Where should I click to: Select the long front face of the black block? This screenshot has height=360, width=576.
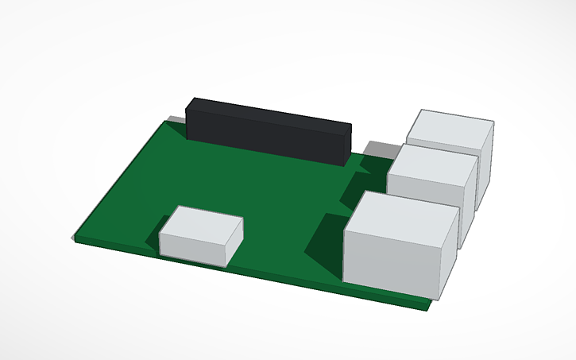262,139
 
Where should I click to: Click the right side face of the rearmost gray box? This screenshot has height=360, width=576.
485,167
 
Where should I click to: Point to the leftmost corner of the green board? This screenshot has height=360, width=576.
73,239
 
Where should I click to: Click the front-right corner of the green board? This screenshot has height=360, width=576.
429,305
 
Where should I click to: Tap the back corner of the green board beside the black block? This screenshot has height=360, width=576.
167,122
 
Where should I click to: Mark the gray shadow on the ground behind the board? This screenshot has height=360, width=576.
380,149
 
